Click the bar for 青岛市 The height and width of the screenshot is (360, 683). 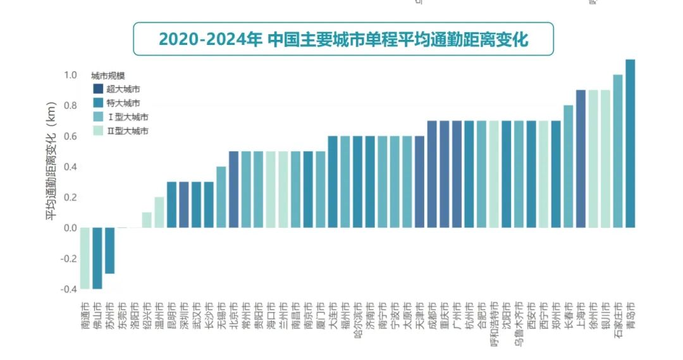pyautogui.click(x=630, y=144)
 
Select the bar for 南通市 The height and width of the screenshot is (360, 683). pyautogui.click(x=85, y=258)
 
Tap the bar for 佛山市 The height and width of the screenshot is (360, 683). pyautogui.click(x=97, y=258)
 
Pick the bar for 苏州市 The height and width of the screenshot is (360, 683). pyautogui.click(x=110, y=251)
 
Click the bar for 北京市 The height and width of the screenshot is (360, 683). pyautogui.click(x=233, y=190)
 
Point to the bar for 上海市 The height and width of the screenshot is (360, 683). pyautogui.click(x=581, y=159)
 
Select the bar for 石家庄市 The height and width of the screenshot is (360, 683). pyautogui.click(x=618, y=151)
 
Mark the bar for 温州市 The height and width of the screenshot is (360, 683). pyautogui.click(x=159, y=213)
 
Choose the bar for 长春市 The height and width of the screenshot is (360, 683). pyautogui.click(x=569, y=166)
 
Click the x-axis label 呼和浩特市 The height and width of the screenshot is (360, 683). pyautogui.click(x=495, y=324)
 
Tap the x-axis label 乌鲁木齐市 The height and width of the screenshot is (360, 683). pyautogui.click(x=519, y=324)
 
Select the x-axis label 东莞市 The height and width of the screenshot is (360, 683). pyautogui.click(x=123, y=314)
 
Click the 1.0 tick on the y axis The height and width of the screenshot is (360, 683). pyautogui.click(x=70, y=75)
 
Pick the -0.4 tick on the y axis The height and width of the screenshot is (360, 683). pyautogui.click(x=68, y=289)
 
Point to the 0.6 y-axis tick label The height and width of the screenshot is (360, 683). pyautogui.click(x=70, y=136)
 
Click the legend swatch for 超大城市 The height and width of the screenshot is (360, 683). pyautogui.click(x=98, y=89)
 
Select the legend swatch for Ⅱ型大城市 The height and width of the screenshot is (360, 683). pyautogui.click(x=98, y=131)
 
